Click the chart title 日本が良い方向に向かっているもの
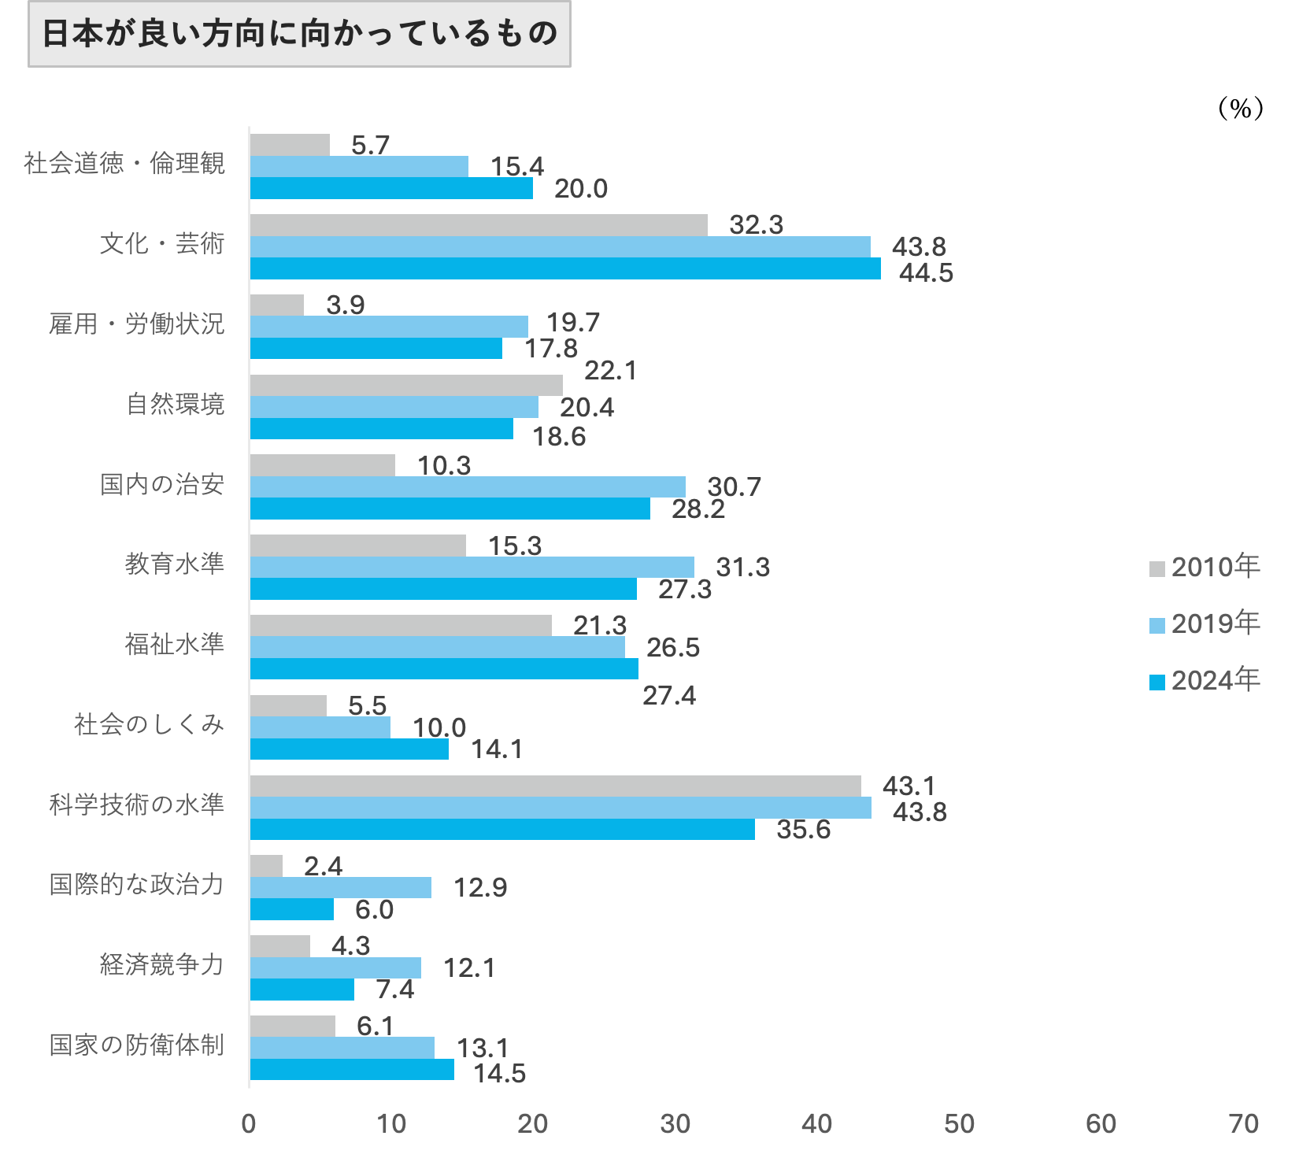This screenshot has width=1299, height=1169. click(299, 34)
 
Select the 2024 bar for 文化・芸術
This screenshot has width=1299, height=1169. click(565, 268)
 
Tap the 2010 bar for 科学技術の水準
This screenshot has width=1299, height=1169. click(555, 786)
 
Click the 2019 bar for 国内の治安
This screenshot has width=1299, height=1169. click(468, 486)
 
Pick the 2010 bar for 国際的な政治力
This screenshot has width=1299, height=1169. click(266, 866)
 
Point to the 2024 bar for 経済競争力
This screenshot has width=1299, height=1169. click(302, 990)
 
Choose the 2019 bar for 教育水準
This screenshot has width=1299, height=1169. click(472, 567)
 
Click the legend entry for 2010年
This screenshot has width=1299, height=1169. click(1205, 567)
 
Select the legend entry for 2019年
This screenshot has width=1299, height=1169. click(1205, 623)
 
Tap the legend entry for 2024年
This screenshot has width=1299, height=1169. click(1205, 680)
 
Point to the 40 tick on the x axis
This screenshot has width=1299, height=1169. click(816, 1124)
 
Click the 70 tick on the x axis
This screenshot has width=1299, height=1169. click(1243, 1124)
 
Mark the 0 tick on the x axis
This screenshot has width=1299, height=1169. click(249, 1124)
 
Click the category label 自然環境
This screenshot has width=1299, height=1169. click(176, 405)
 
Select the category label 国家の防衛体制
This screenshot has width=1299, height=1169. click(137, 1045)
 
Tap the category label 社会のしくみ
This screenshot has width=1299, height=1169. click(150, 724)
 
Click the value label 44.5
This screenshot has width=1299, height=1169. click(926, 273)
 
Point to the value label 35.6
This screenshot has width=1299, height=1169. click(803, 830)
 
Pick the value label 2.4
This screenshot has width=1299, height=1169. click(323, 867)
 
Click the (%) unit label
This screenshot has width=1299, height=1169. click(1240, 108)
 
